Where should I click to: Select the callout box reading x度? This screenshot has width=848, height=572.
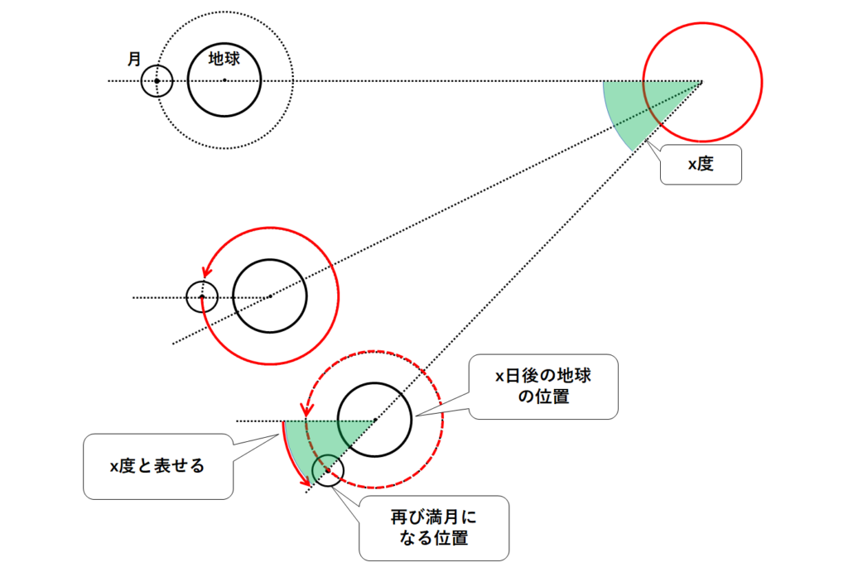pyautogui.click(x=700, y=164)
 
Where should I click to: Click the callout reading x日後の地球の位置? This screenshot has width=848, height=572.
pyautogui.click(x=543, y=387)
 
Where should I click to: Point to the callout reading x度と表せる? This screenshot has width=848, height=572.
pyautogui.click(x=157, y=467)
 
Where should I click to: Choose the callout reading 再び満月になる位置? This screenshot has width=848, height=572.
pyautogui.click(x=434, y=528)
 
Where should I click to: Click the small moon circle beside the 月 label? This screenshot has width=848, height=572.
pyautogui.click(x=156, y=81)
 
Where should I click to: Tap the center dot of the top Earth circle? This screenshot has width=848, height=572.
pyautogui.click(x=224, y=80)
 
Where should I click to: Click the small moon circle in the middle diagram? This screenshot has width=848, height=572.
pyautogui.click(x=201, y=296)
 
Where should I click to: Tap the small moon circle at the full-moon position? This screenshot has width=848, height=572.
pyautogui.click(x=327, y=471)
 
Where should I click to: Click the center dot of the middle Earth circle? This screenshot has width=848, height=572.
pyautogui.click(x=269, y=296)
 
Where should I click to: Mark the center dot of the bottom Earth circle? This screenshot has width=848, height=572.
pyautogui.click(x=374, y=421)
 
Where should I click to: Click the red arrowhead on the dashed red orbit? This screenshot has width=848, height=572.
pyautogui.click(x=307, y=409)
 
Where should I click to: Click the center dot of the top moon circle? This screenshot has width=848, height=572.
pyautogui.click(x=156, y=81)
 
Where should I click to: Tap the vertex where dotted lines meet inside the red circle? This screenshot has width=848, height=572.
pyautogui.click(x=702, y=81)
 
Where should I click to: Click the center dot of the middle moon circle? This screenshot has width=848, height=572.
pyautogui.click(x=201, y=296)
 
